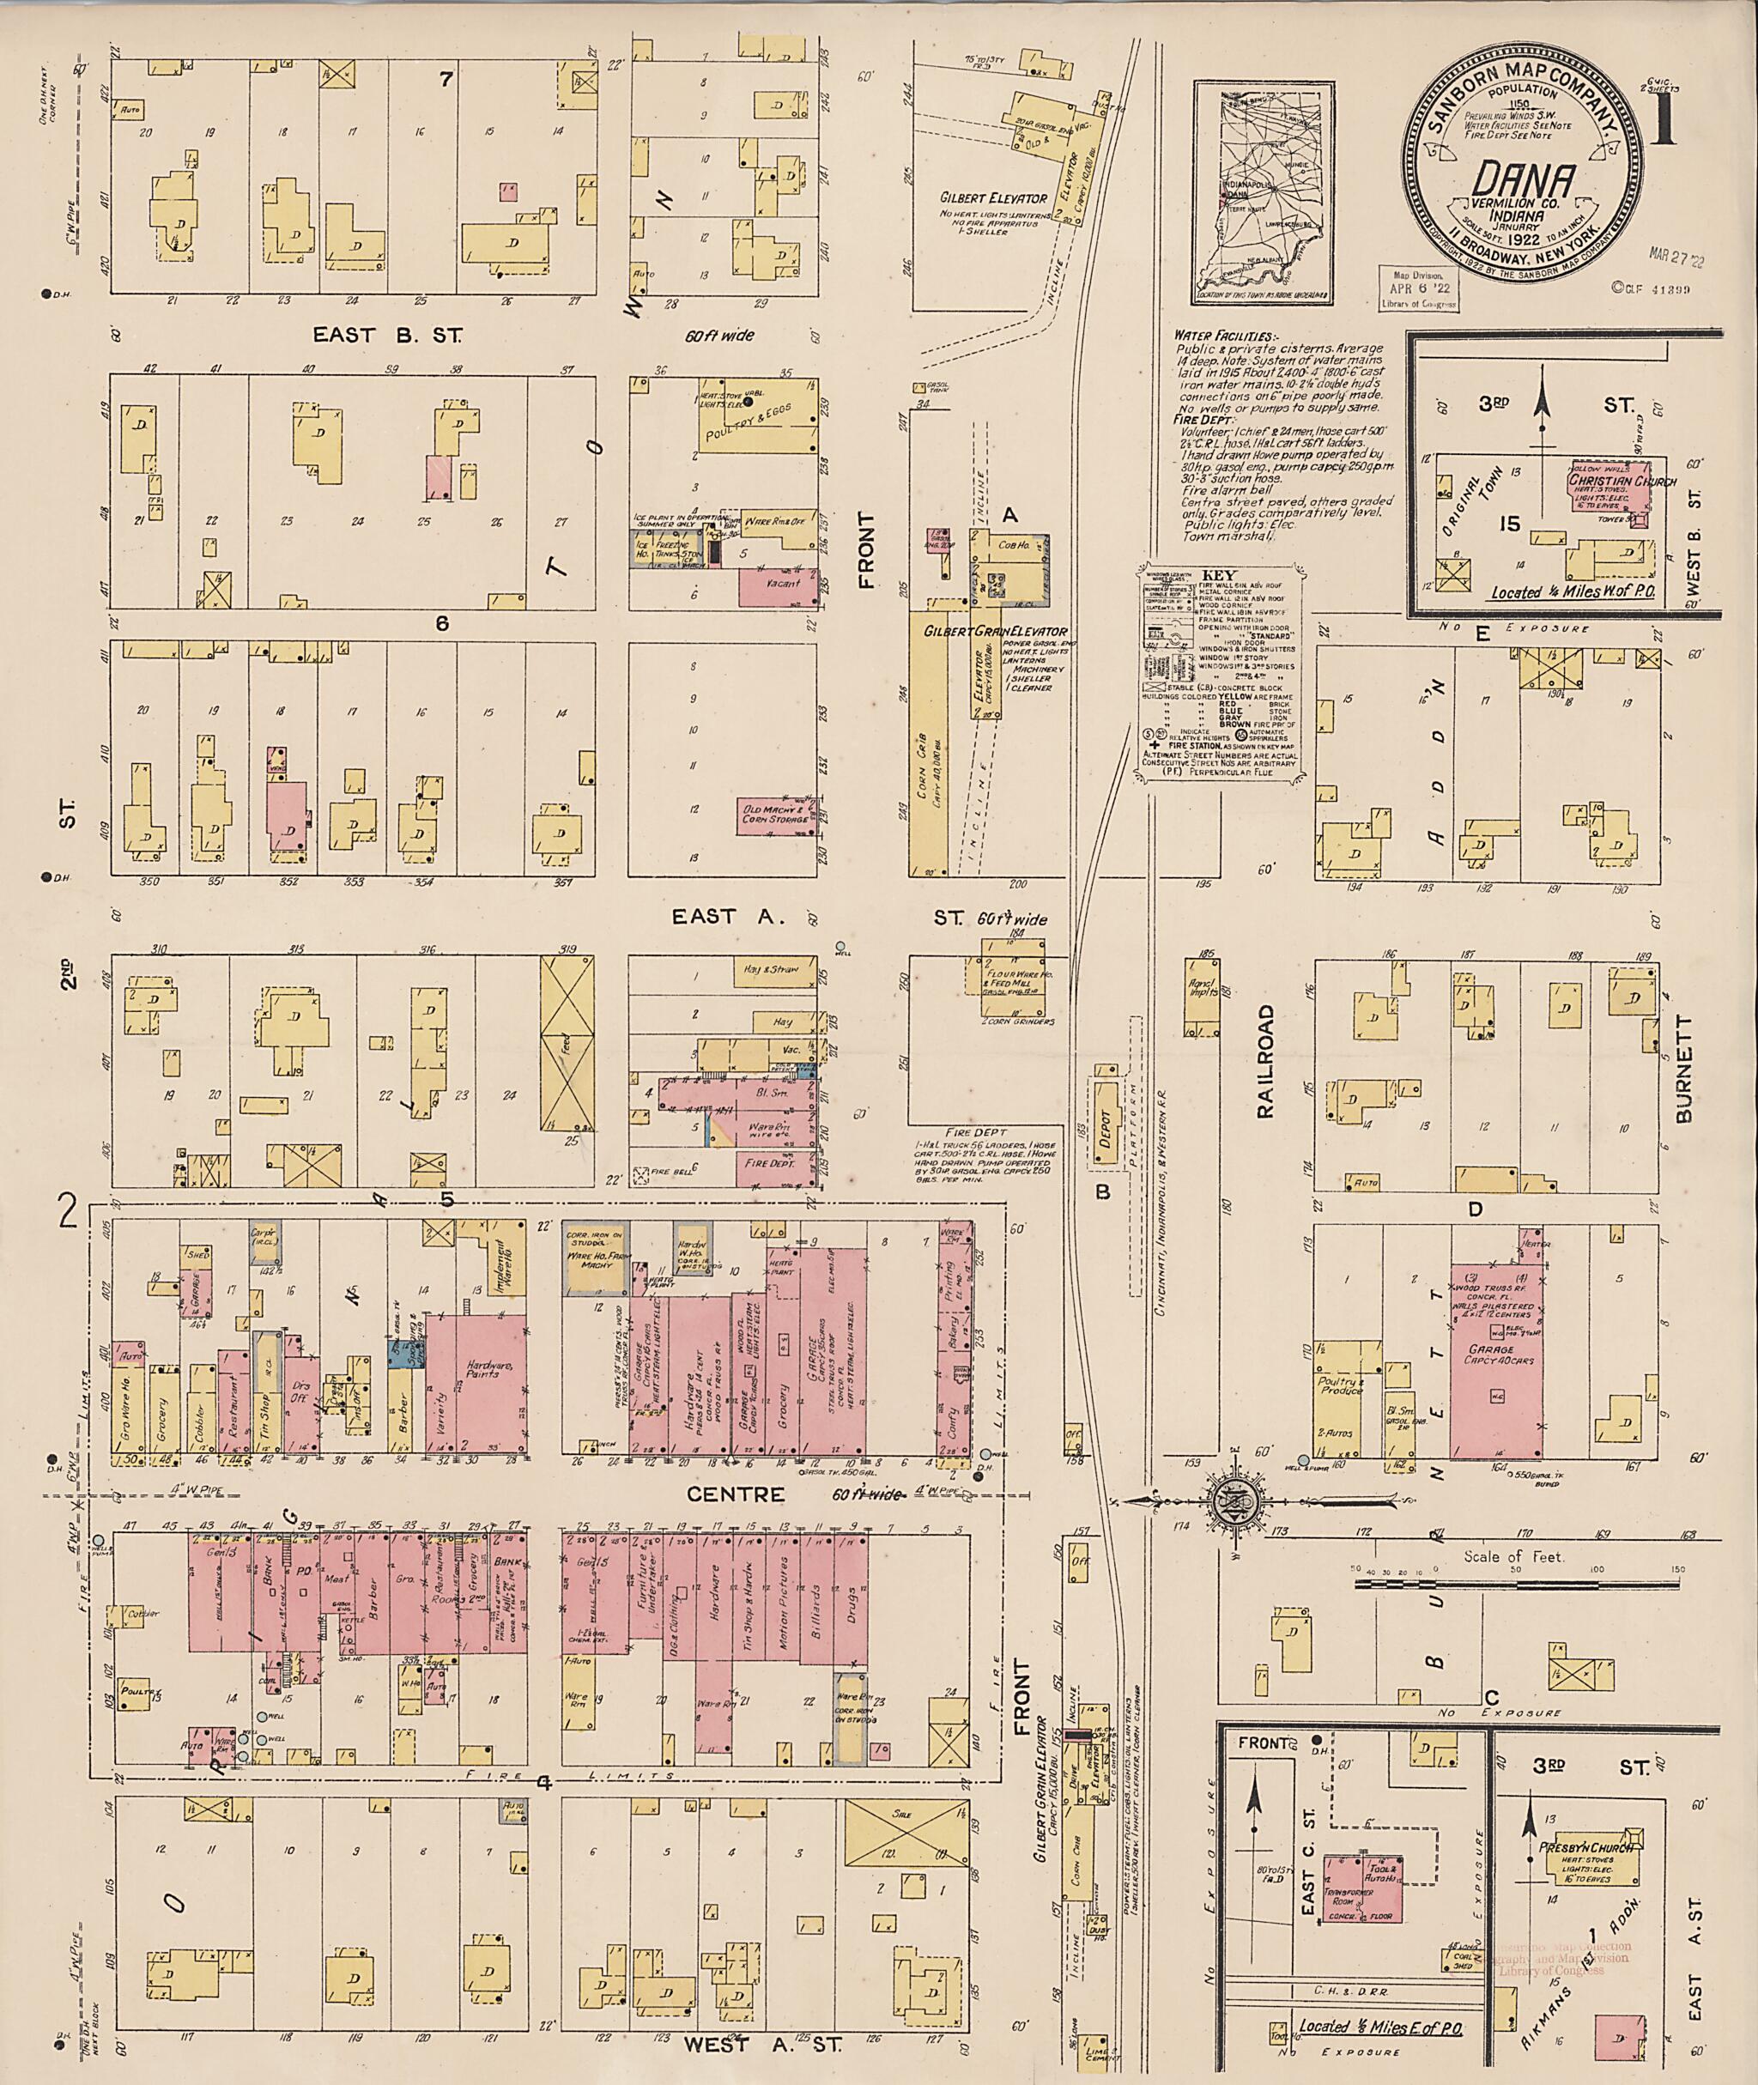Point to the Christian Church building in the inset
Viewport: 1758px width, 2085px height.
(x=1607, y=488)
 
